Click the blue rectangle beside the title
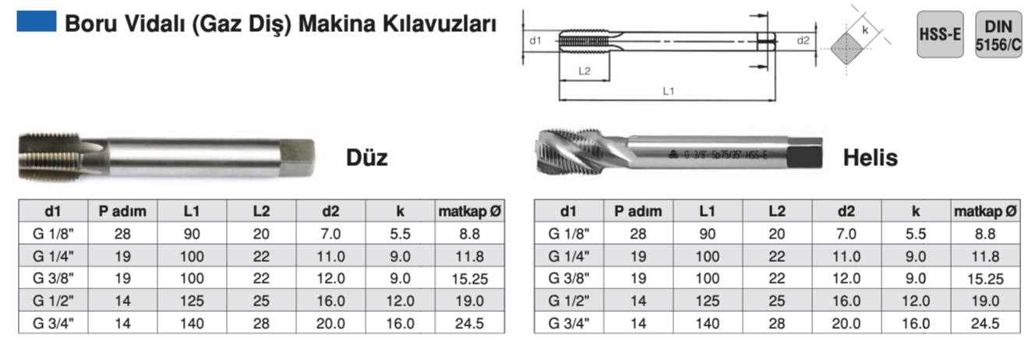click(37, 21)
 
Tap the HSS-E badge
click(940, 34)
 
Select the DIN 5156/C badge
click(998, 34)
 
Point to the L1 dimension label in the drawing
click(668, 91)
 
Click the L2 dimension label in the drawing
click(585, 71)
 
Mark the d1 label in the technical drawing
click(535, 41)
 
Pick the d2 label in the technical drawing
click(803, 41)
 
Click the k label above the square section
click(865, 30)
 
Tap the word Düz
click(367, 157)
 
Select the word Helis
click(871, 157)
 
